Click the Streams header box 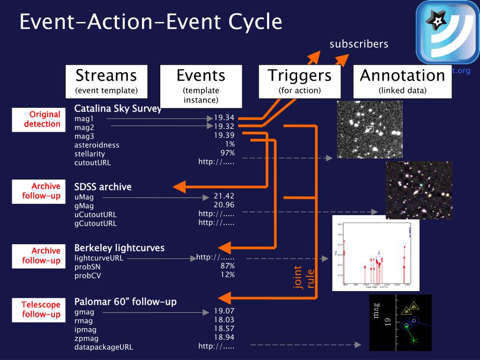[106, 81]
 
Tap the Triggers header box [299, 81]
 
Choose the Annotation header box [402, 81]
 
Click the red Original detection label [39, 120]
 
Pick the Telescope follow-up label [39, 310]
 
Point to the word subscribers [359, 44]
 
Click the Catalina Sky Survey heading [118, 109]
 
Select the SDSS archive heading [103, 187]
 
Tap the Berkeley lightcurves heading [120, 247]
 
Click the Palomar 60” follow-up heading [126, 301]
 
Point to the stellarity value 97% [227, 153]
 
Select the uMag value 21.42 [224, 196]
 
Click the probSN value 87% [227, 266]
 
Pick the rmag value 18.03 [224, 320]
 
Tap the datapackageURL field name [104, 347]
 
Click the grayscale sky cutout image [370, 129]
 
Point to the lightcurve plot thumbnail [375, 254]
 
